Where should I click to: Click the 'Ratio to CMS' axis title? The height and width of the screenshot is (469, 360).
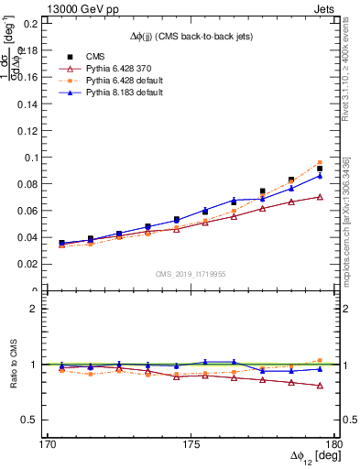click(x=12, y=365)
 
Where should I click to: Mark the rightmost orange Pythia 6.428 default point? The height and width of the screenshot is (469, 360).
click(x=320, y=163)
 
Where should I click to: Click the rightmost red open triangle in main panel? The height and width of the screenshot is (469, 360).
click(x=320, y=197)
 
